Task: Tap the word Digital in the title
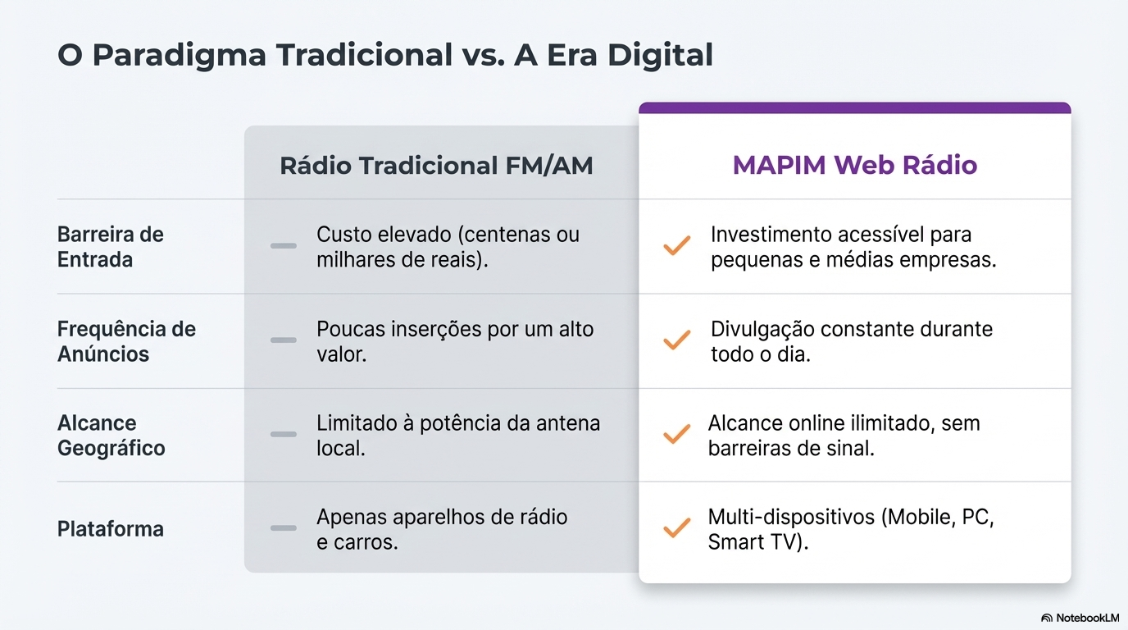point(660,54)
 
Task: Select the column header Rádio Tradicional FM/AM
point(436,166)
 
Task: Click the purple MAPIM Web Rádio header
point(854,165)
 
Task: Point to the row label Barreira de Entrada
point(111,247)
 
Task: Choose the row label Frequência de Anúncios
point(126,341)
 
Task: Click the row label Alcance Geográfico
point(111,436)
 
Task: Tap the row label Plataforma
point(111,529)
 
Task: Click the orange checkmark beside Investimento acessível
point(677,245)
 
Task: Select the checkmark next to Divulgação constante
point(677,340)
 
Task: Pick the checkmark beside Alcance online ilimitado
point(677,434)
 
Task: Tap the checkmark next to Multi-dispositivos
point(677,527)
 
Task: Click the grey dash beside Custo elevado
point(284,246)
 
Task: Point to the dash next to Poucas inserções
point(284,340)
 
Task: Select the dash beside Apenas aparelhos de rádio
point(284,528)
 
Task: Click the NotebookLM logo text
point(1087,618)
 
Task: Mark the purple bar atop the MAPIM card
point(854,107)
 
